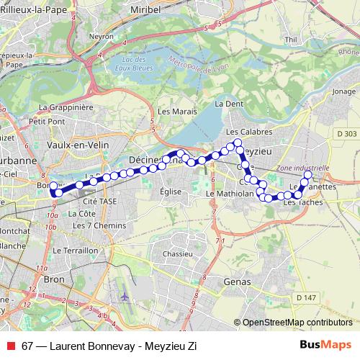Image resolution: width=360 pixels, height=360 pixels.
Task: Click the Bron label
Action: tap(54, 277)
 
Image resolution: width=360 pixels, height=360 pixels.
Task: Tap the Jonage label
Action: tap(345, 91)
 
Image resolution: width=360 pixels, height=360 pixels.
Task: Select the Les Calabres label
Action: tap(248, 132)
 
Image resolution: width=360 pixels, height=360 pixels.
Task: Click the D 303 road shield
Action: tap(346, 133)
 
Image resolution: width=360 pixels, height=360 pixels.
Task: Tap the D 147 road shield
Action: tap(305, 297)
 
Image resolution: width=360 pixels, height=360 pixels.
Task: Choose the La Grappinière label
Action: tap(66, 107)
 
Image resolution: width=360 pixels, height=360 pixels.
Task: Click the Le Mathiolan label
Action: tap(230, 194)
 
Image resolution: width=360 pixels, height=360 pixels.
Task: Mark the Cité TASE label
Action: tap(98, 202)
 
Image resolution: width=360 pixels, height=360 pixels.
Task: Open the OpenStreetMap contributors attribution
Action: tap(297, 322)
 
